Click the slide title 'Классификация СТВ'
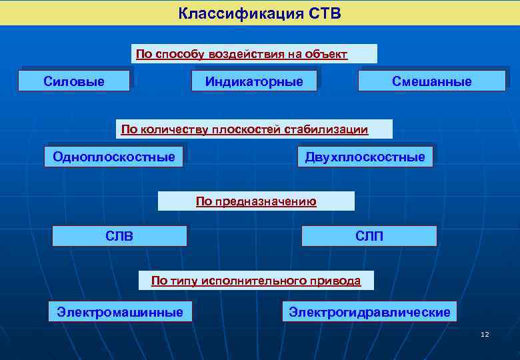tap(259, 13)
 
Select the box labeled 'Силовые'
tap(74, 81)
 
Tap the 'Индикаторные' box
tap(254, 81)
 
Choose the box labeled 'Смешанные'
tap(431, 81)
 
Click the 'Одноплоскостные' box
tap(114, 157)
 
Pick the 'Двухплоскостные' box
tap(365, 157)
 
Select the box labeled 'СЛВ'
tap(119, 236)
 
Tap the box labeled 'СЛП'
tap(369, 236)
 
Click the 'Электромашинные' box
tap(120, 311)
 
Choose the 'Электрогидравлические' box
tap(369, 312)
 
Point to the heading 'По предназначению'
tap(256, 201)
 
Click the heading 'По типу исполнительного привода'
tap(256, 281)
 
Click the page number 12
tap(485, 334)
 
